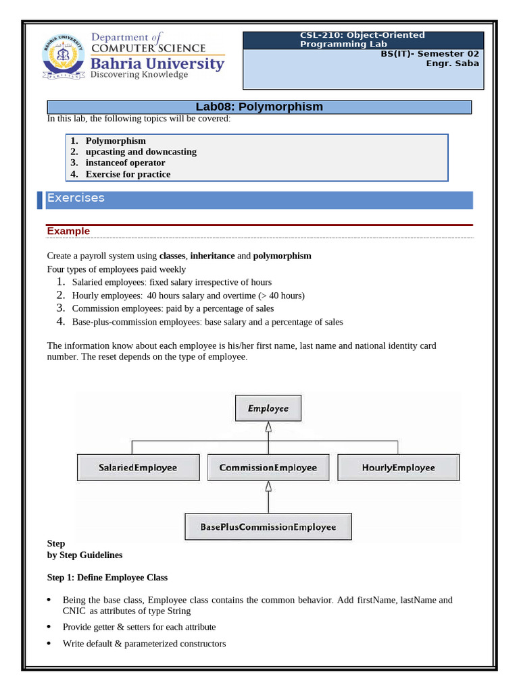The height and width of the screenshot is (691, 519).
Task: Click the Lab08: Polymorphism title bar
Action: pos(259,107)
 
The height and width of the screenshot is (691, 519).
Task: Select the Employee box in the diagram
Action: pos(268,408)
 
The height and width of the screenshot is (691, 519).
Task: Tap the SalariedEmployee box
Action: pos(138,467)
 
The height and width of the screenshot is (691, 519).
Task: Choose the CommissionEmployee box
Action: pos(268,467)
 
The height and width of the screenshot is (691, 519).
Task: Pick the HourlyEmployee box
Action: pos(398,467)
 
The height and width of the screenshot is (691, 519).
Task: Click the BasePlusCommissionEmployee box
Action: pos(268,526)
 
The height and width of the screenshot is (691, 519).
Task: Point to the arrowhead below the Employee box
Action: pos(268,427)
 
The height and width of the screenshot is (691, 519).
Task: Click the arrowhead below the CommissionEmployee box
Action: pos(268,486)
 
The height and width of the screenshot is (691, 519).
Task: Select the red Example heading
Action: pos(68,231)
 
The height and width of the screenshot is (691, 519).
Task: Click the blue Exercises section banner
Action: pos(259,199)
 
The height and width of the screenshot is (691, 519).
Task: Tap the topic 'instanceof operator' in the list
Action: pos(125,163)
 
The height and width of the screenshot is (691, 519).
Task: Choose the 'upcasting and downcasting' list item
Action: pos(141,152)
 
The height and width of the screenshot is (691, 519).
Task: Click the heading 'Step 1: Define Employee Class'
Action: pos(107,578)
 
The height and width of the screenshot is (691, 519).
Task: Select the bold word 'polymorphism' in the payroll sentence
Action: pos(282,256)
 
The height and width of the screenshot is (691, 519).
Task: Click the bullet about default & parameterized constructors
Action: pos(144,644)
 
